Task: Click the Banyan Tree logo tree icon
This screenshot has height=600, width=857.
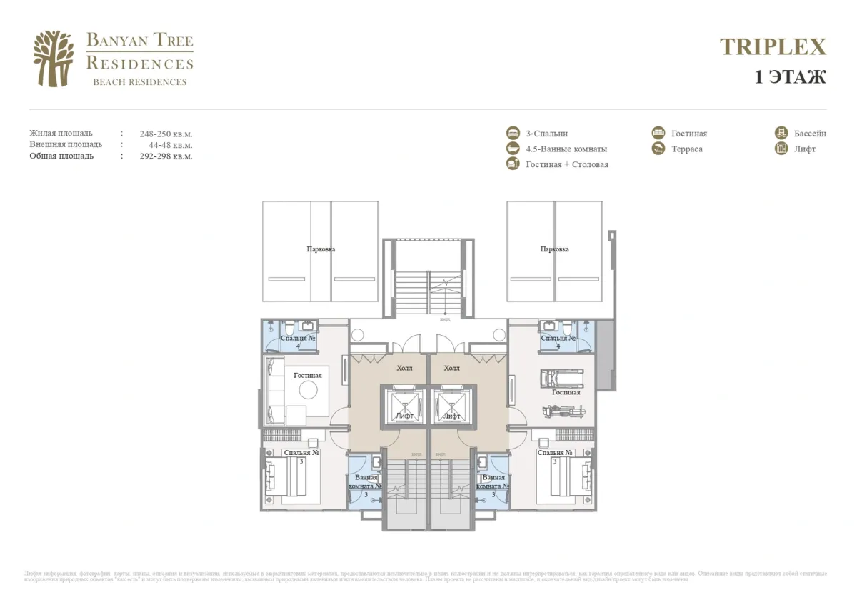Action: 54,59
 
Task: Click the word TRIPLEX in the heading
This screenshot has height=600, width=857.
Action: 773,47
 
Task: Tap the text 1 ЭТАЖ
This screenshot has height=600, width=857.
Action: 790,76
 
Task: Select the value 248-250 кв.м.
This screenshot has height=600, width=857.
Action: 166,134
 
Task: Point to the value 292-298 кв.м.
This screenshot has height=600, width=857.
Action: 166,156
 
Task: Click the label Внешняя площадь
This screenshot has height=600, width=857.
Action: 66,144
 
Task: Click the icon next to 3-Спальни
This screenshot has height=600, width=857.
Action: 513,134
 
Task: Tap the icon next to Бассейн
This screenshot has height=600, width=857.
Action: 781,134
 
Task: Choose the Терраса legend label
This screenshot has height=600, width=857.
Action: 686,149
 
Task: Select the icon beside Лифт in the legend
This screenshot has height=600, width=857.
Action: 781,149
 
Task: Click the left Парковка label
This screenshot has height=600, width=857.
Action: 321,249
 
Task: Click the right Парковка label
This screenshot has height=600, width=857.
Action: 555,249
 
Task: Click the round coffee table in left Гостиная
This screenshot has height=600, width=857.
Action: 309,389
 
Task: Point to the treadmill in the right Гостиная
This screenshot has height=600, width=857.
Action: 562,378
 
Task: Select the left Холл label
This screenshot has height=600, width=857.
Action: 404,368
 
